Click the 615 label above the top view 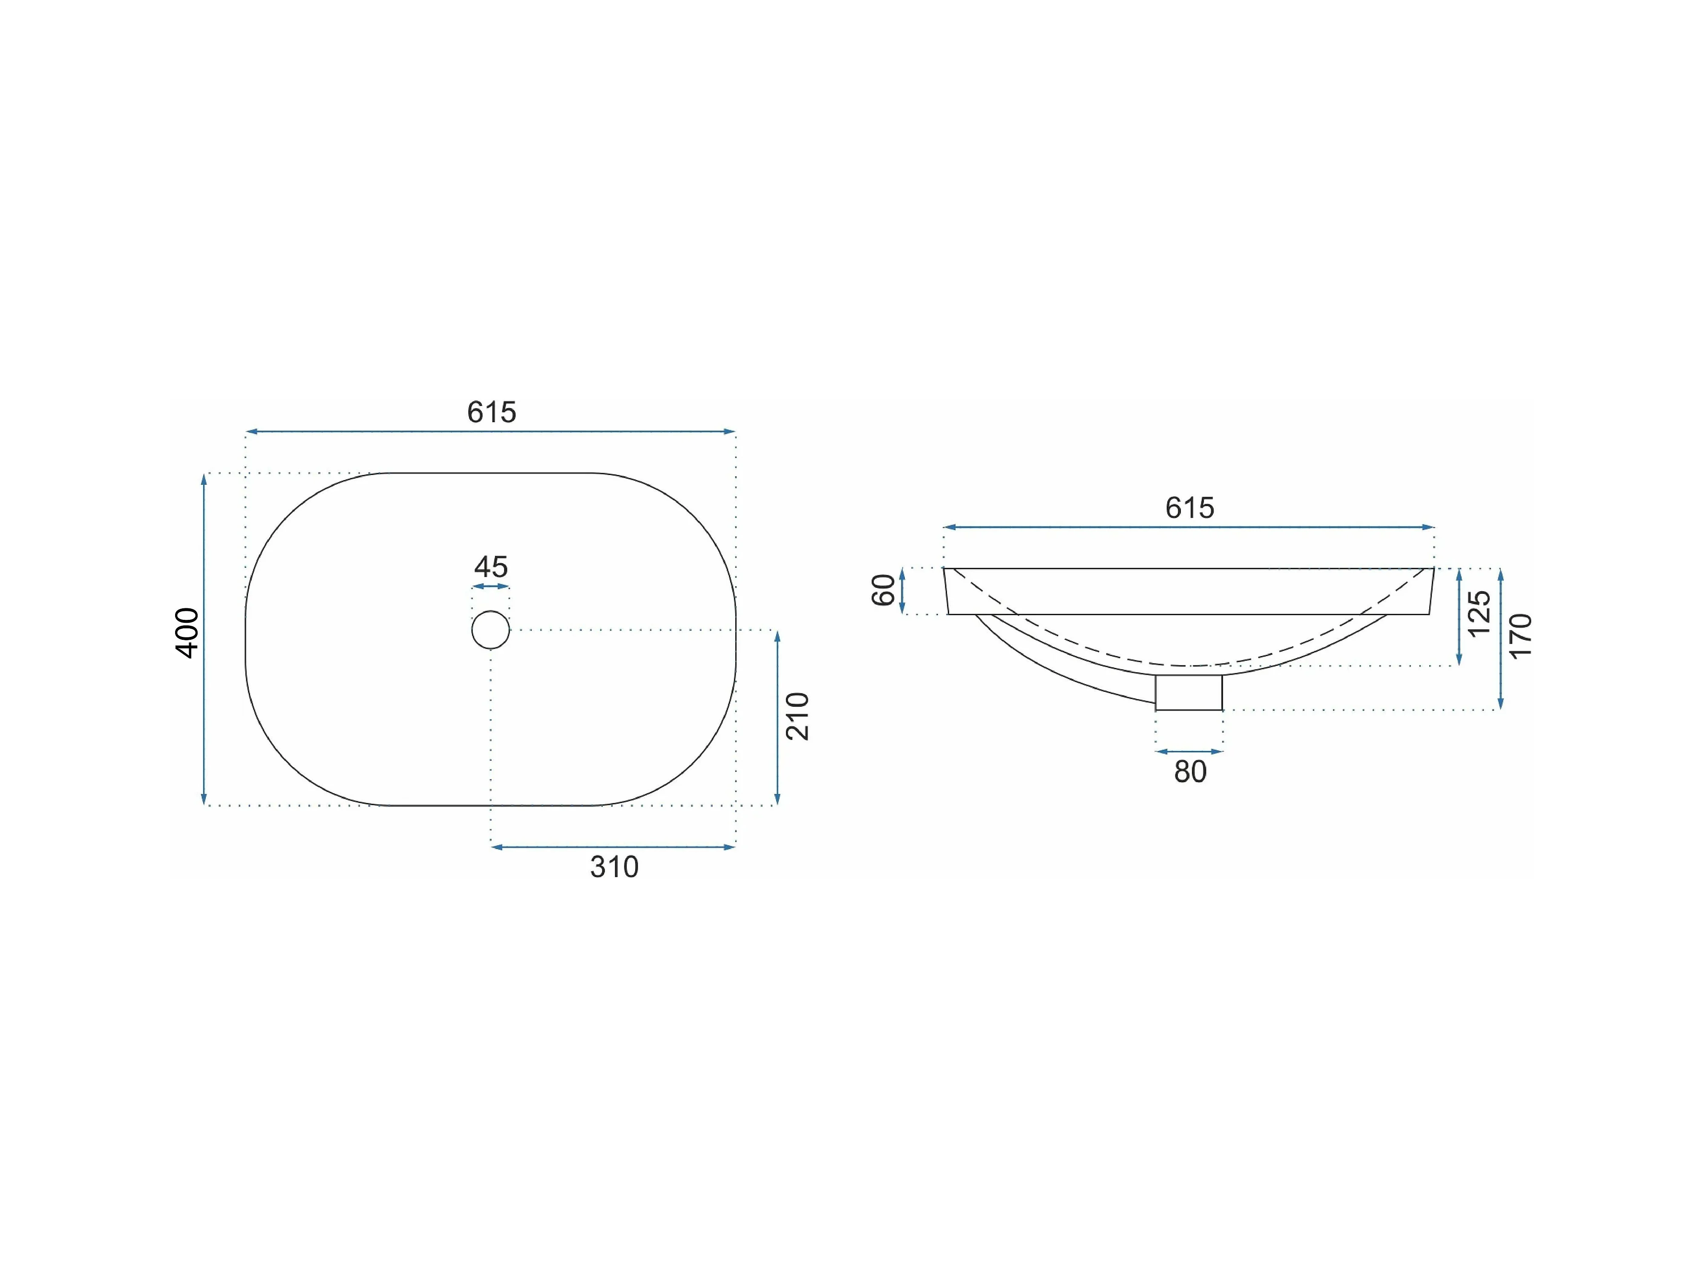tap(492, 412)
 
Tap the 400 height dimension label tap(187, 633)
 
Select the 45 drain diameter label tap(491, 567)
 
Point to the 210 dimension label tap(797, 717)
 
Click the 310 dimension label tap(614, 867)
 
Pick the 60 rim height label tap(884, 590)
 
